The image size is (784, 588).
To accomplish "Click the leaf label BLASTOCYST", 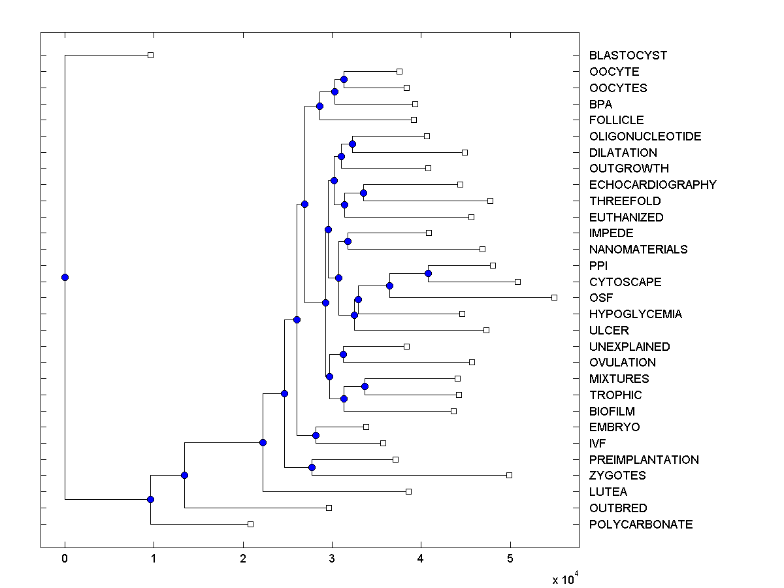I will [628, 56].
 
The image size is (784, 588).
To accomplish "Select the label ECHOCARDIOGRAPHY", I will [653, 185].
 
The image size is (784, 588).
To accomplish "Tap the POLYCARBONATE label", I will [641, 525].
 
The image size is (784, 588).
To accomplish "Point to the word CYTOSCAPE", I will [625, 282].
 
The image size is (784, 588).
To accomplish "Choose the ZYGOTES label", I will [617, 476].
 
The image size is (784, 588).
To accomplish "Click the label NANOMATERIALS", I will [638, 250].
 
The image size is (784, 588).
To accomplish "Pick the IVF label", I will [598, 444].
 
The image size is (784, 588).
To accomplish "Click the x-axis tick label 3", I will [332, 559].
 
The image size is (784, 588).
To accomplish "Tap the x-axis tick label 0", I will [65, 559].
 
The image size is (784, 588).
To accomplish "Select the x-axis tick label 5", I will [510, 559].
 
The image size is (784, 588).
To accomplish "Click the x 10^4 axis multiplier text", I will [565, 579].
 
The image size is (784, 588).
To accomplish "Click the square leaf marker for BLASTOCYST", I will [150, 55].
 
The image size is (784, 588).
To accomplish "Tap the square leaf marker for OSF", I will [554, 297].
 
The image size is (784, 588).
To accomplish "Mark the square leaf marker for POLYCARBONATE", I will [250, 524].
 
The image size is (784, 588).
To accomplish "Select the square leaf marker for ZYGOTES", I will [510, 475].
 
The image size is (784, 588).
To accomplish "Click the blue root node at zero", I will [65, 277].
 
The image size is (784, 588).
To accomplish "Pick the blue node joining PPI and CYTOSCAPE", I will [429, 273].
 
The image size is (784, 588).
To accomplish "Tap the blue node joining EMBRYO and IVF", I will [316, 435].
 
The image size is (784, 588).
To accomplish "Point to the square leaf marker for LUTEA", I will [409, 491].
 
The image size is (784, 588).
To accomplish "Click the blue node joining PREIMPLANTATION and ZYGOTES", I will [312, 467].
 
